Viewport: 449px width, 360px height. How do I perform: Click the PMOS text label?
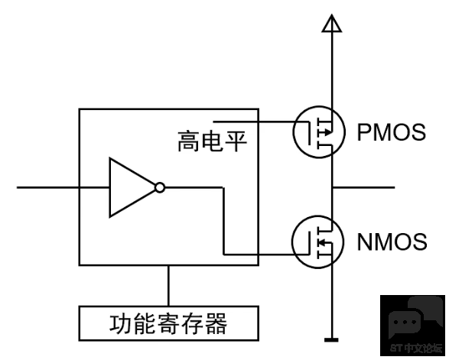pos(391,132)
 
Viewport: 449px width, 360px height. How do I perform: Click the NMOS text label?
pos(392,242)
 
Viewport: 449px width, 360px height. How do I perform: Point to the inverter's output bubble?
pos(160,188)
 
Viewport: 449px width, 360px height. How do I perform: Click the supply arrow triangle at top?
pos(332,24)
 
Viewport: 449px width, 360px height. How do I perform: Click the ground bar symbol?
pos(332,340)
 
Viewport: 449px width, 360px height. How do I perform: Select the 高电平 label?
pos(212,141)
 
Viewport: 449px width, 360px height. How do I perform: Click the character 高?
pos(189,141)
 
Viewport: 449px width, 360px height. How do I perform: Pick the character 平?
pos(236,141)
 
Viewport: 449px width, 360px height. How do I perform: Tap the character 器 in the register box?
pos(216,323)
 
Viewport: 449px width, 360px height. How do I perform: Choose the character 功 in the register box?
pos(120,323)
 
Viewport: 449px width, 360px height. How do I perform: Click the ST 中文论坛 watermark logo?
pos(412,326)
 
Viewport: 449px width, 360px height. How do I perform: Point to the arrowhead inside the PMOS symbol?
pos(328,132)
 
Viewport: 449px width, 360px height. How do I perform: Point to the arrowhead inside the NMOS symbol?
pos(323,242)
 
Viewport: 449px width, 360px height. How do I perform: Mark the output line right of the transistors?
pos(363,187)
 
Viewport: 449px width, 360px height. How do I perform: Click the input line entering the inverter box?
pos(63,187)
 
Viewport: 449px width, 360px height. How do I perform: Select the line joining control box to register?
pos(168,286)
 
